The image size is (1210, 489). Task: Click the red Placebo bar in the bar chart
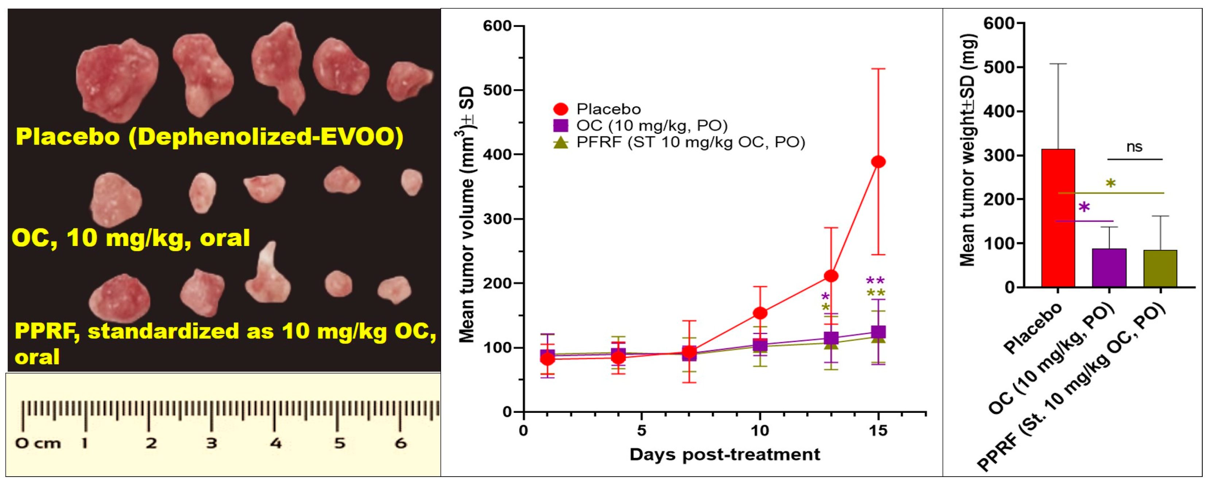point(1058,218)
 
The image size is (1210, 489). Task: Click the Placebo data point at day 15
point(878,162)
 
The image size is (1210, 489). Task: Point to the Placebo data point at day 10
point(760,313)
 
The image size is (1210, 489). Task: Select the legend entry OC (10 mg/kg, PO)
point(651,126)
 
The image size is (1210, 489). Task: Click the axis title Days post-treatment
point(725,454)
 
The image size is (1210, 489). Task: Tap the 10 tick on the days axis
point(759,431)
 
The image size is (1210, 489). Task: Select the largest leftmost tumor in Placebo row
point(116,80)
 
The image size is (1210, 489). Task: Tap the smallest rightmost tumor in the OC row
point(411,182)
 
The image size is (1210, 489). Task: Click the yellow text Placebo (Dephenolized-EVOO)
point(209,137)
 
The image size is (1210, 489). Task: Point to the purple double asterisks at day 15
point(875,281)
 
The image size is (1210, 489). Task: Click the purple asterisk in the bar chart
point(1084,207)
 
